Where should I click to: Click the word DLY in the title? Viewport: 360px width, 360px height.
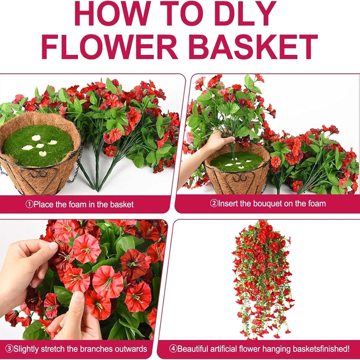tap(245, 14)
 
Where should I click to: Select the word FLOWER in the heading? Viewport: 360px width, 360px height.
tap(109, 47)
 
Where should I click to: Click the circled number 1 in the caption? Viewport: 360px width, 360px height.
tap(29, 204)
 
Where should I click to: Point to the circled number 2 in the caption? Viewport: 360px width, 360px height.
tap(214, 203)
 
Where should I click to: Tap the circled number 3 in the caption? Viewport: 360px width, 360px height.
tap(9, 349)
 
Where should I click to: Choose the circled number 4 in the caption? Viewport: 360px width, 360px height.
tap(173, 349)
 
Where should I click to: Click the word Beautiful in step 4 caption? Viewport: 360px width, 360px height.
tap(193, 349)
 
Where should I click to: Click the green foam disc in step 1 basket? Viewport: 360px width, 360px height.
tap(38, 145)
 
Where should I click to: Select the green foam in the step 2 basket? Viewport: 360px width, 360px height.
tap(237, 162)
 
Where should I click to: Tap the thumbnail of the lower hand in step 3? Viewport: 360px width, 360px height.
tap(79, 296)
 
